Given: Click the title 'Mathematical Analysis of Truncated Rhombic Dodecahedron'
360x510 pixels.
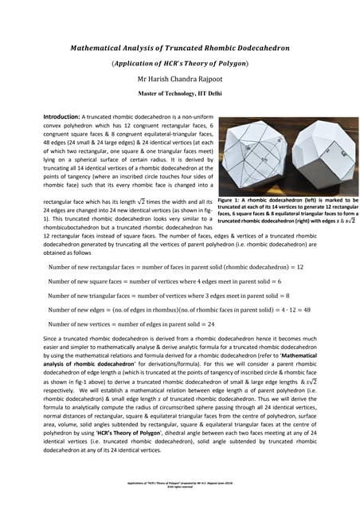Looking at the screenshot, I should [x=180, y=48].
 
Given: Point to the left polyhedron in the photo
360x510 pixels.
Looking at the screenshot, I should [x=253, y=156].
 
